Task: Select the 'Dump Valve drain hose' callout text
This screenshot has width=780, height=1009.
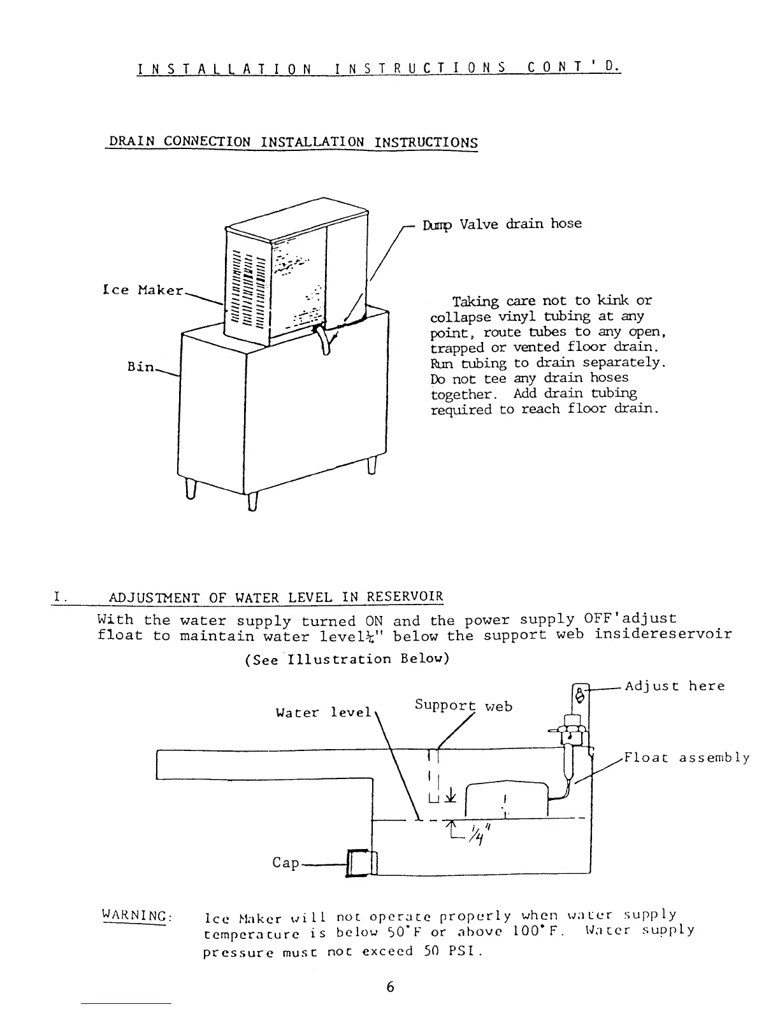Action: [x=502, y=224]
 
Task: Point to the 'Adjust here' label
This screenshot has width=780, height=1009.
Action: [x=674, y=686]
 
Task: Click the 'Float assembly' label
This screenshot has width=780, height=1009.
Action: [x=686, y=758]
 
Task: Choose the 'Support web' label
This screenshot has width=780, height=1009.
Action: [x=463, y=705]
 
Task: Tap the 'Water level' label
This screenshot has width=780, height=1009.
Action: [x=323, y=712]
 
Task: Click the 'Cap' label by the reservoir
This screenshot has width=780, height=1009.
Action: [x=285, y=862]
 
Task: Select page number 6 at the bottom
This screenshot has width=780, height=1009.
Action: [x=390, y=987]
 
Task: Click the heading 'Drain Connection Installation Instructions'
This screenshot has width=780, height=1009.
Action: [x=292, y=141]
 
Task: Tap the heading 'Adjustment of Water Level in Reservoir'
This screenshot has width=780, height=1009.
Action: [x=275, y=598]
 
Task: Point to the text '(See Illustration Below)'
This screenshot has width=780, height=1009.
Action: [x=347, y=659]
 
